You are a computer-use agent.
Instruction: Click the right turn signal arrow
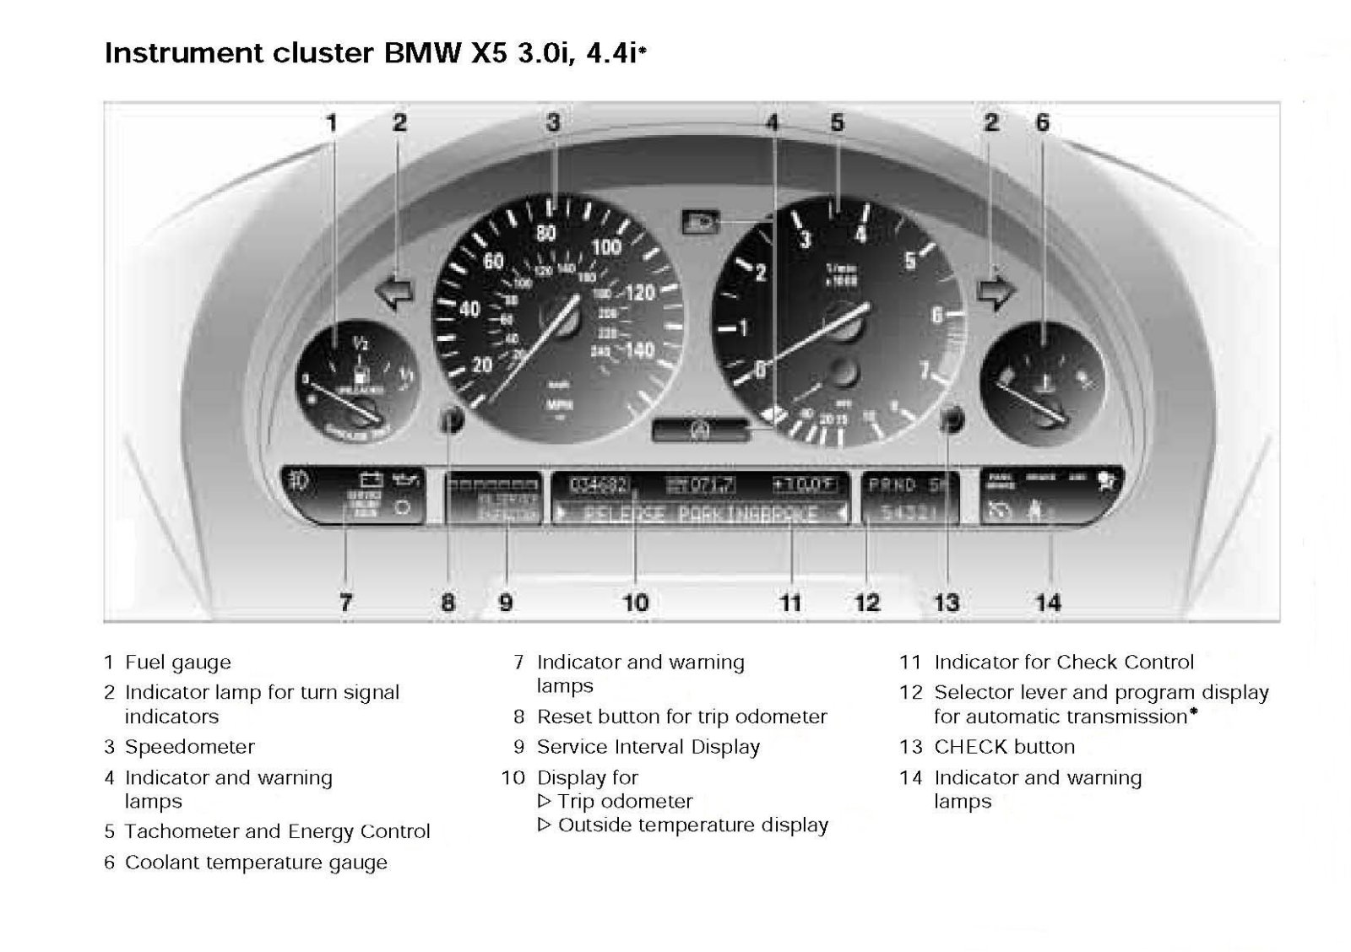996,292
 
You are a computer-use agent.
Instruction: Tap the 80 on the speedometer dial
546,234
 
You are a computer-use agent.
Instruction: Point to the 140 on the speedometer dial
639,349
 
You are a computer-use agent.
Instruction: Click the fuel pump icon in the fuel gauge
361,374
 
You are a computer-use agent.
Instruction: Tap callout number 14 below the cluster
1048,603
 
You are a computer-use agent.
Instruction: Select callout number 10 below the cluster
635,603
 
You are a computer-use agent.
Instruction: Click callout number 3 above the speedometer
553,123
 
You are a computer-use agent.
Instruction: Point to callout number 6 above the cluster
1043,123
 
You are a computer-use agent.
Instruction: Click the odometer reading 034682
598,485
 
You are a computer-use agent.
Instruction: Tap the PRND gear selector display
893,485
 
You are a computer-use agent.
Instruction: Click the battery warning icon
371,480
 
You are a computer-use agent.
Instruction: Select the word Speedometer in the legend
189,747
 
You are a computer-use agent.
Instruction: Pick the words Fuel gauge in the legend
177,663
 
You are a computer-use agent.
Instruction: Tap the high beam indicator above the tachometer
701,223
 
